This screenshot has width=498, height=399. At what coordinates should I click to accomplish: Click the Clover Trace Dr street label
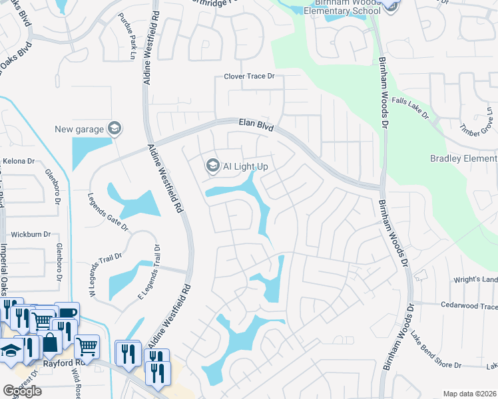pyautogui.click(x=249, y=76)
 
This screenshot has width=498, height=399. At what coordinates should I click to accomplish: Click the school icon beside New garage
pyautogui.click(x=114, y=128)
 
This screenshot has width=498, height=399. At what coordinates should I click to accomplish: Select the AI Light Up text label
pyautogui.click(x=245, y=166)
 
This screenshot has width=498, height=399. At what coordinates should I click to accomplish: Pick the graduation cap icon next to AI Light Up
pyautogui.click(x=212, y=165)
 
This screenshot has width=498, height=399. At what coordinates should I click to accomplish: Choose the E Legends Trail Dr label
pyautogui.click(x=149, y=272)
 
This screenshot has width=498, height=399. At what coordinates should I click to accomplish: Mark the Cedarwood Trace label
pyautogui.click(x=469, y=307)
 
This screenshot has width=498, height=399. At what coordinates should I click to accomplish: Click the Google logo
pyautogui.click(x=22, y=391)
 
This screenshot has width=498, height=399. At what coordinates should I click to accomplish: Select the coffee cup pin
pyautogui.click(x=66, y=313)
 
